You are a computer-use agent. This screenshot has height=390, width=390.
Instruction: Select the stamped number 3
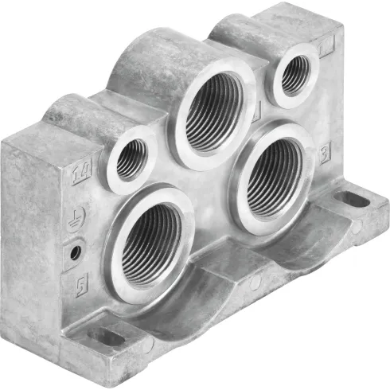[324, 154]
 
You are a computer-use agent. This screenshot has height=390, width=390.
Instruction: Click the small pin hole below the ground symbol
[76, 252]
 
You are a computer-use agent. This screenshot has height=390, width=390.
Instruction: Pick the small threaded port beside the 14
[131, 158]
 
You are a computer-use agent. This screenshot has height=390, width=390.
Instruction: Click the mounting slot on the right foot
[352, 199]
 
